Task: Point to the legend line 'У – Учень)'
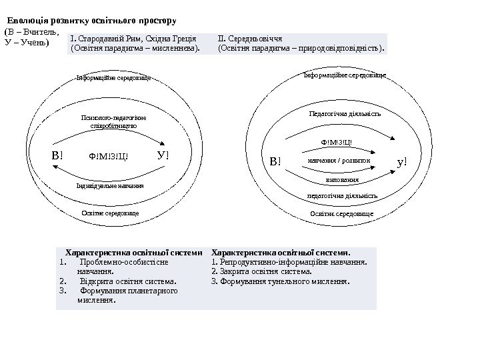pos(27,43)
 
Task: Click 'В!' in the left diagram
pos(57,156)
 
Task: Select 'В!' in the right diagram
pos(276,161)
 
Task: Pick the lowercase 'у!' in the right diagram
pos(401,161)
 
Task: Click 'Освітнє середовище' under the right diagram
pos(341,213)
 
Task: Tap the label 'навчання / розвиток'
pos(339,161)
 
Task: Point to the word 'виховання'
pos(343,179)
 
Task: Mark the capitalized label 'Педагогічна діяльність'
pos(345,114)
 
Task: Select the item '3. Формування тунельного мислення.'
pos(280,281)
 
